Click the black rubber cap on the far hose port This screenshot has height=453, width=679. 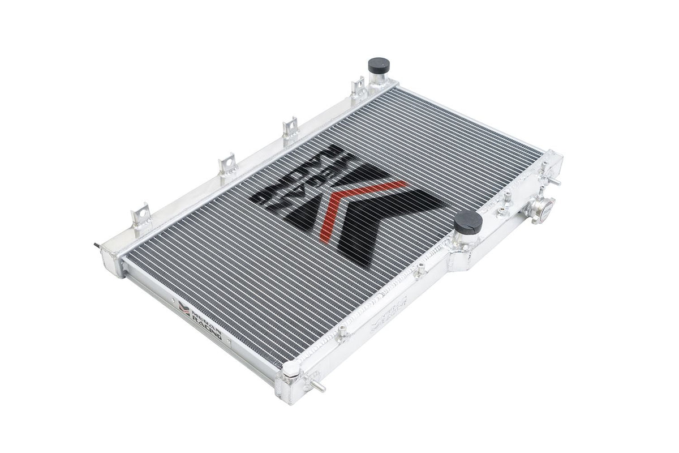pyautogui.click(x=376, y=63)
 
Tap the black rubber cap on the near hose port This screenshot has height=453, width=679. pyautogui.click(x=468, y=222)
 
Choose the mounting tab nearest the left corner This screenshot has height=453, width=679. pyautogui.click(x=139, y=215)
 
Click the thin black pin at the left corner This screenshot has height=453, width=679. pyautogui.click(x=94, y=245)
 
